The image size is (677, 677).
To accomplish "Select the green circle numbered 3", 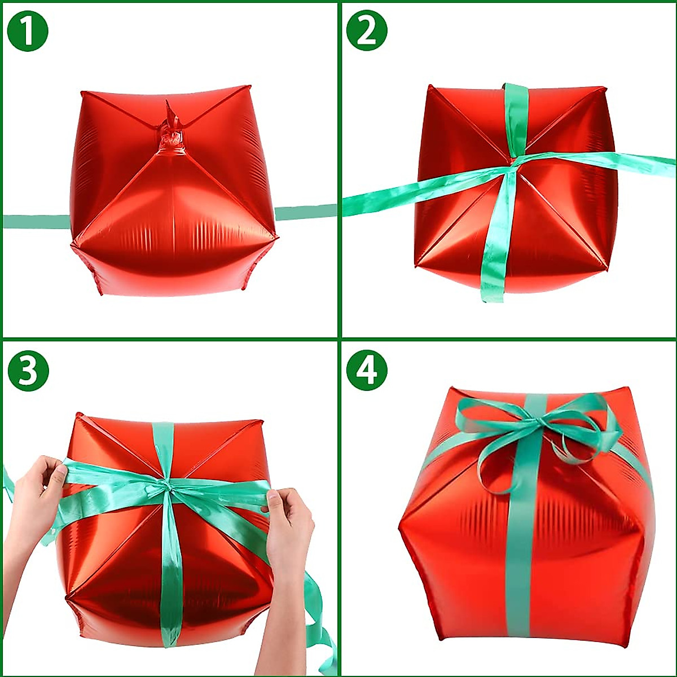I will (x=28, y=371).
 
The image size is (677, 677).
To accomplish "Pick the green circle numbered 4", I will (x=367, y=371).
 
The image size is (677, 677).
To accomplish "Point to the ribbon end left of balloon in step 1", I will (x=34, y=221).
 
